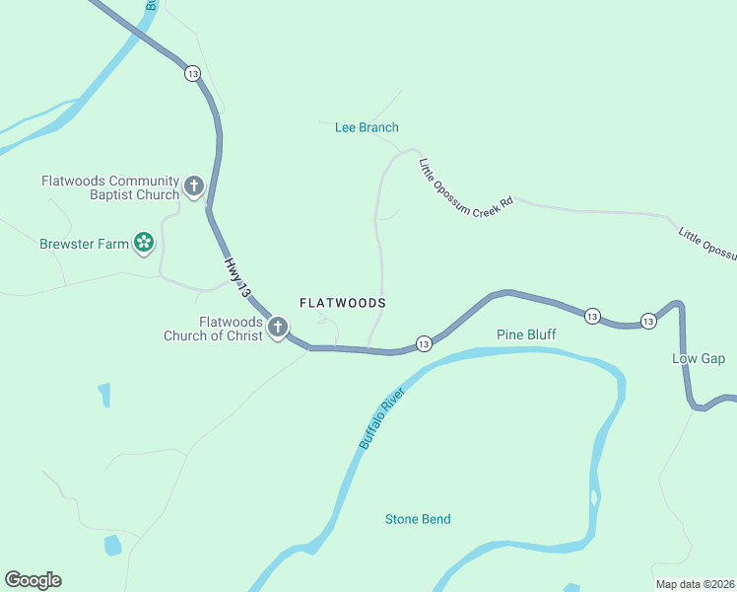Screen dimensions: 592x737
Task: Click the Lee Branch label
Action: tap(367, 127)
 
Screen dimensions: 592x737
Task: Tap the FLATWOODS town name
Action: tap(342, 303)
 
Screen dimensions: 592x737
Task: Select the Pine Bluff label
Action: tap(526, 334)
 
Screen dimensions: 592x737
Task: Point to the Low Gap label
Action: tap(699, 358)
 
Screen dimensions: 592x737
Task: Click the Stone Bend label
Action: tap(418, 519)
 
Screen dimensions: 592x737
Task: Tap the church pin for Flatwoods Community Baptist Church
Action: tap(194, 185)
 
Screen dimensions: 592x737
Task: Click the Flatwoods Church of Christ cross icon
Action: tap(278, 328)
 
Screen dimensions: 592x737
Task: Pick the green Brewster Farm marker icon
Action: tap(144, 243)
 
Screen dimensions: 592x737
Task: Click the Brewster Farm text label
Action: tap(85, 244)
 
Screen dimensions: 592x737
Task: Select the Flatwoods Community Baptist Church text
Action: tap(110, 187)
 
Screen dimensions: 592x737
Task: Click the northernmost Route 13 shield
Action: tap(191, 73)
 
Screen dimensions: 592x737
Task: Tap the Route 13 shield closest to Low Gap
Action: tap(647, 321)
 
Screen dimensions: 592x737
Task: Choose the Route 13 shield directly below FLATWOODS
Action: tap(423, 343)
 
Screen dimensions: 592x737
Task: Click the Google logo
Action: tap(33, 580)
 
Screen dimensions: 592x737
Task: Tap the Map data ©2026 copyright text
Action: tap(695, 584)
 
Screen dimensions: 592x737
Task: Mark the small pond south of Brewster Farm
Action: tap(104, 396)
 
